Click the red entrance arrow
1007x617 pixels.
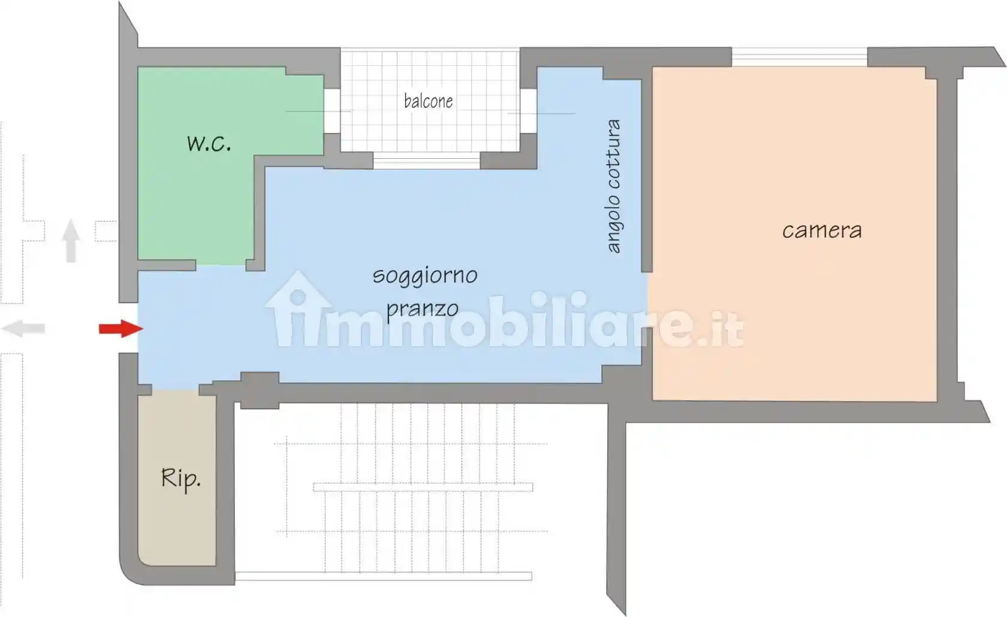tap(120, 328)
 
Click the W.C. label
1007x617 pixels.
tap(209, 144)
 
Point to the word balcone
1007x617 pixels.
tap(428, 101)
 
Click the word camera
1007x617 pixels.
tap(822, 231)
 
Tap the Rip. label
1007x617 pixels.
tap(180, 479)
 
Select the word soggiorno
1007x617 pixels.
tap(425, 276)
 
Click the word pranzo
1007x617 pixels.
tap(422, 309)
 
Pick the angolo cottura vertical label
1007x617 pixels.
tap(613, 186)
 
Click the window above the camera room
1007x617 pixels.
tap(799, 57)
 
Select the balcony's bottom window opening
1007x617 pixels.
tap(427, 161)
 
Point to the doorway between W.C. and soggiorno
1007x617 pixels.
tap(221, 265)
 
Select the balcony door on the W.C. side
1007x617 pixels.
tap(332, 111)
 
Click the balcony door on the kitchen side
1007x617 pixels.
tap(528, 111)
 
